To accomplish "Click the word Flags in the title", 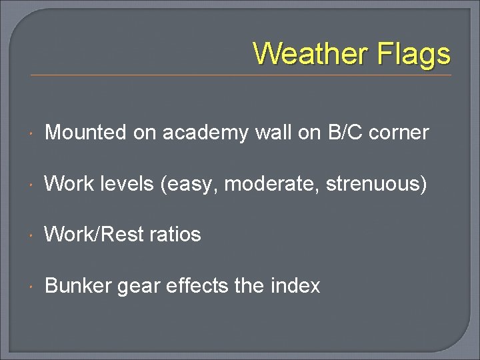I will (x=414, y=53).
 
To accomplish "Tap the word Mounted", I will (x=85, y=133).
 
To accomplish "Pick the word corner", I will (x=399, y=133).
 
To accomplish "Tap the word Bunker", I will (x=78, y=286).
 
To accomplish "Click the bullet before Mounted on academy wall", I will (x=33, y=133).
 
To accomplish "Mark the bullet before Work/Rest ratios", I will (x=33, y=235).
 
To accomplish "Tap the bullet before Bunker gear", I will (x=33, y=287).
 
